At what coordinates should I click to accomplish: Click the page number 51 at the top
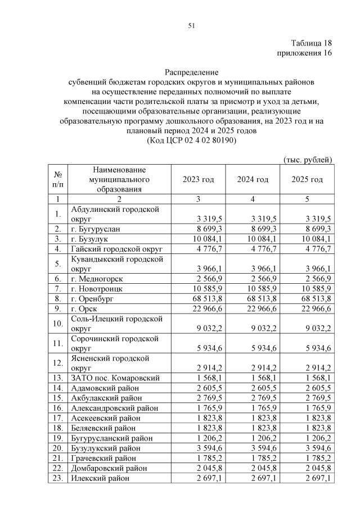click(191, 25)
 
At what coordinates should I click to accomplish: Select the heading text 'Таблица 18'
click(312, 43)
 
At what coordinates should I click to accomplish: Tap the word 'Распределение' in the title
click(191, 72)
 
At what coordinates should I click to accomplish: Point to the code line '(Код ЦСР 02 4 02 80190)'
click(191, 140)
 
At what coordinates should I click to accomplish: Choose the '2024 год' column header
click(253, 179)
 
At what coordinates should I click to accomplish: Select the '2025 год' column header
click(307, 179)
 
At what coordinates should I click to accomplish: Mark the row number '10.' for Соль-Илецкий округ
click(58, 324)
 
